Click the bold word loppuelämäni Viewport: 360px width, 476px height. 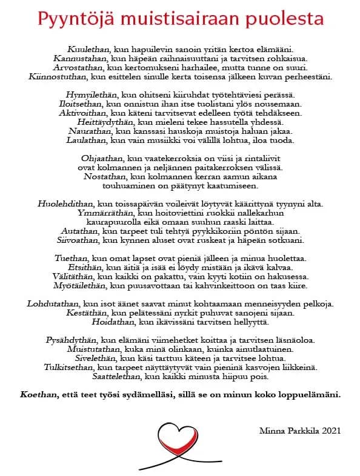(308, 395)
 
